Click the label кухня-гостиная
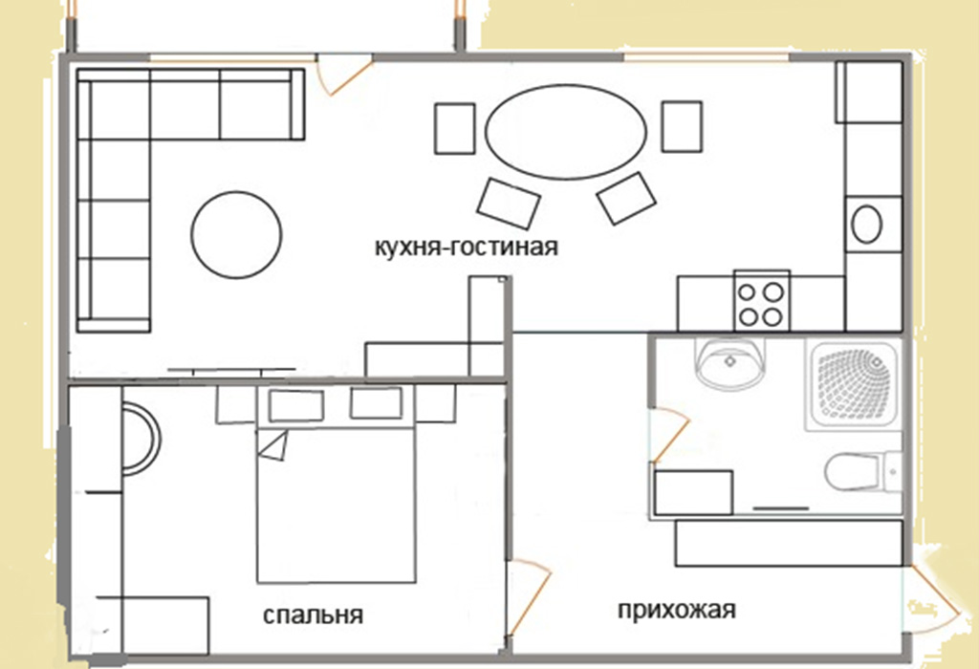click(x=467, y=248)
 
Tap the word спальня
click(x=313, y=615)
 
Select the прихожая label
click(x=677, y=609)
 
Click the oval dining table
click(x=566, y=131)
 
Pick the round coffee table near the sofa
click(x=236, y=235)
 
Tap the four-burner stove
click(x=762, y=302)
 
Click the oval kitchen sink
click(x=866, y=224)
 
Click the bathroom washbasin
click(x=729, y=364)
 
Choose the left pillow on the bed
click(x=296, y=405)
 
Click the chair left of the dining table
click(x=454, y=129)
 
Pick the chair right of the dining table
click(x=682, y=127)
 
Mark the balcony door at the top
click(x=344, y=76)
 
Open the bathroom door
click(x=668, y=436)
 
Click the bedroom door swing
click(x=530, y=597)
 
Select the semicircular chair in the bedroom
click(x=141, y=440)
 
